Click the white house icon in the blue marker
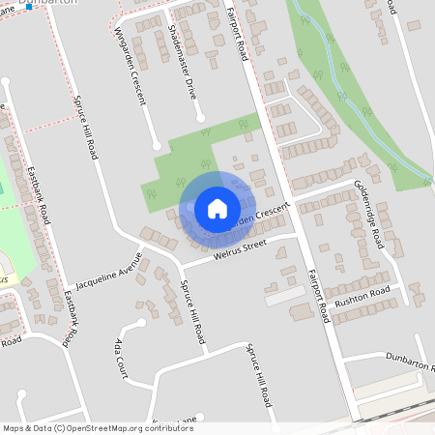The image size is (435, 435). pyautogui.click(x=217, y=208)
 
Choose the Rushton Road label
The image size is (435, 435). pyautogui.click(x=362, y=295)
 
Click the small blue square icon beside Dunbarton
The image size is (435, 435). pyautogui.click(x=32, y=6)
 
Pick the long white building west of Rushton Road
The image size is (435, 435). pyautogui.click(x=287, y=295)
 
